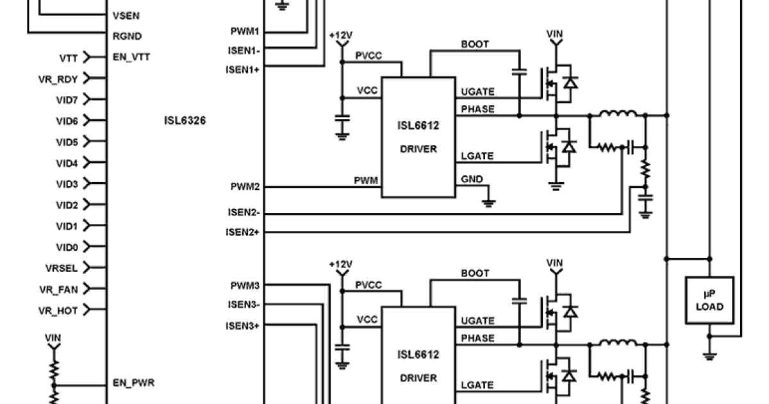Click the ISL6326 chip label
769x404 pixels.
pos(185,120)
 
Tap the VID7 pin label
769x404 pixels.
pos(67,99)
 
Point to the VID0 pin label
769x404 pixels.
pos(67,248)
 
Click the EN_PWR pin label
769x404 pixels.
pos(133,383)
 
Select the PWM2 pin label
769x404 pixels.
pos(244,187)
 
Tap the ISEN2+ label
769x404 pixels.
pos(242,232)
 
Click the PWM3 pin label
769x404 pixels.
pos(244,285)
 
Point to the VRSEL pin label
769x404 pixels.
pos(62,268)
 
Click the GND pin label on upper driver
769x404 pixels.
pos(472,180)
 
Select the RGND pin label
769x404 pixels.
pos(127,37)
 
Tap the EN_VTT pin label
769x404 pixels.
pos(131,57)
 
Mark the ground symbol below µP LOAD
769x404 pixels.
pos(709,355)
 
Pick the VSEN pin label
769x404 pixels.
pos(126,15)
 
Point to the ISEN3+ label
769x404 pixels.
pos(242,326)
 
